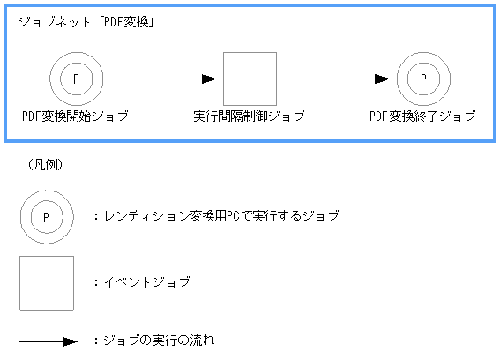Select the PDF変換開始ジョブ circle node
[75, 79]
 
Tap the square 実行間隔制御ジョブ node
[250, 79]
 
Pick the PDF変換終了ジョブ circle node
[422, 79]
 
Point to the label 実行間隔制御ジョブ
[249, 116]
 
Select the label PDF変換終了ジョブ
[422, 116]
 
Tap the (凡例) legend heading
[45, 164]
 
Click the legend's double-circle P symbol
[47, 215]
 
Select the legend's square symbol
[47, 282]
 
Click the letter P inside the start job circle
[76, 79]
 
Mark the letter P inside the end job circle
[423, 79]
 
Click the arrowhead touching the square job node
[210, 79]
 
